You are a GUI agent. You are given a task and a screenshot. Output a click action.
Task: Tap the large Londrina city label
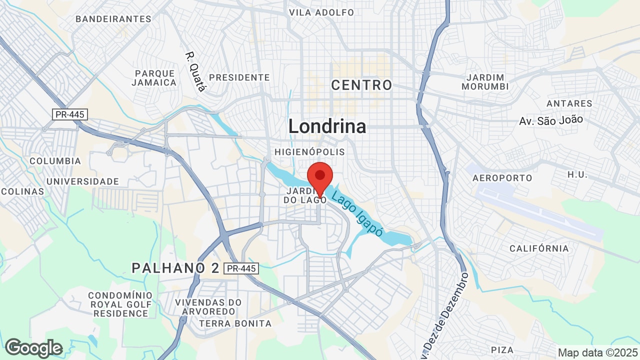pos(327,126)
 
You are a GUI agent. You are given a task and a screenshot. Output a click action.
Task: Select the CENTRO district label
pos(361,85)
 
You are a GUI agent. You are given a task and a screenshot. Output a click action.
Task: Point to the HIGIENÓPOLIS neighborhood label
pos(309,151)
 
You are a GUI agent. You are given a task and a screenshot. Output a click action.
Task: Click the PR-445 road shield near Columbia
pos(70,114)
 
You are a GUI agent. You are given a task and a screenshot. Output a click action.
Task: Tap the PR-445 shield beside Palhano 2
pos(241,268)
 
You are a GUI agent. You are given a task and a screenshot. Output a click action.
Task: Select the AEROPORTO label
pos(502,178)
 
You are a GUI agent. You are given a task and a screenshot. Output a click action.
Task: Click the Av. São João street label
pos(551,120)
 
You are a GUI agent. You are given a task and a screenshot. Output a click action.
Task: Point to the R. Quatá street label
pos(195,72)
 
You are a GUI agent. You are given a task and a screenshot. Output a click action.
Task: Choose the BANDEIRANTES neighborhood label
pos(113,19)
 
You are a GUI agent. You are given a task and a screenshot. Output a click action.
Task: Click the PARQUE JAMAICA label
pos(154,78)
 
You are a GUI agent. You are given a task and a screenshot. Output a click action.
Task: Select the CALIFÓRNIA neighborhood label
pos(539,248)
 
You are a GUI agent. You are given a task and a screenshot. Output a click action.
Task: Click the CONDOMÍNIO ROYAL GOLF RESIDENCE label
pos(120,304)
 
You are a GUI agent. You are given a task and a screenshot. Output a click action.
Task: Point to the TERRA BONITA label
pos(235,323)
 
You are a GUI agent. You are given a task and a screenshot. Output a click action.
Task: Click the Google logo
pos(33,348)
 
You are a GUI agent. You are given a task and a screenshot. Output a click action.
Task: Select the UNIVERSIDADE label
pos(82,181)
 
